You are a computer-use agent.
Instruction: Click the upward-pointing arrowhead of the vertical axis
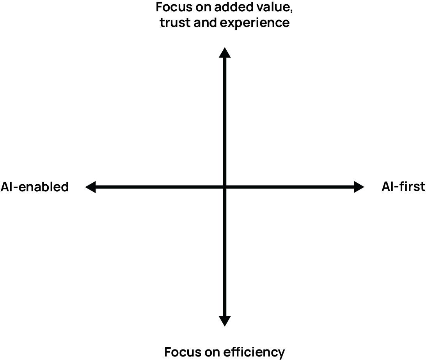[x=224, y=52]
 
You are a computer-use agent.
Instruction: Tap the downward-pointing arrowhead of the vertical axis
[x=224, y=321]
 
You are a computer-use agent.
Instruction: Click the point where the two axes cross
[x=224, y=187]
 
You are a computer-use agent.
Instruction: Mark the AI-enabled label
[x=34, y=187]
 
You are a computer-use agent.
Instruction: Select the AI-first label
[x=403, y=187]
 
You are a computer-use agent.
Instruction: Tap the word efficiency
[x=254, y=352]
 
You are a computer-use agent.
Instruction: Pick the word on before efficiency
[x=211, y=352]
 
